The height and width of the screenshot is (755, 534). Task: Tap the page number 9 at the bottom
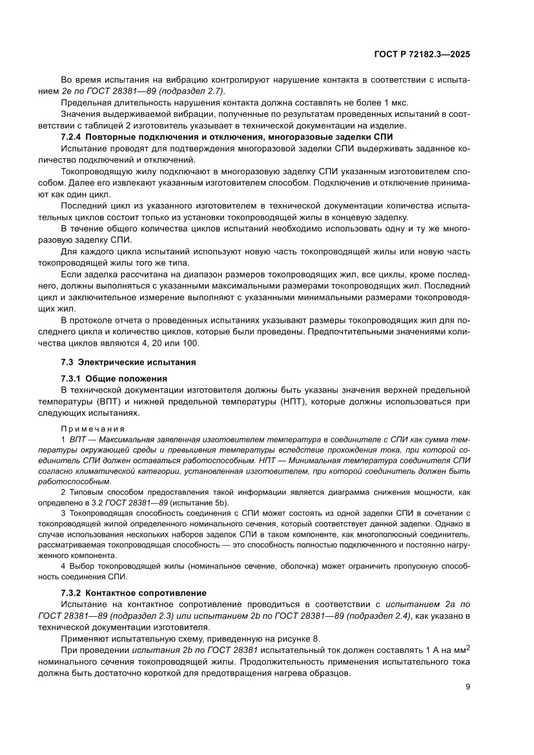click(467, 687)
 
